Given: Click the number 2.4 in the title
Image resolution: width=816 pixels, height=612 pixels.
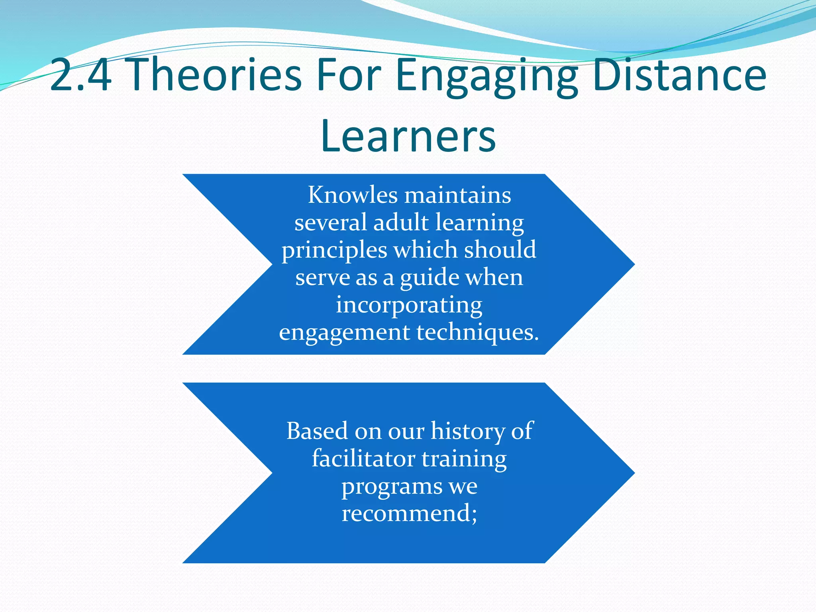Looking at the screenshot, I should (x=81, y=75).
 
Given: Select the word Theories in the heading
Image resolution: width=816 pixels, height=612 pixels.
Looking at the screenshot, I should (x=216, y=75).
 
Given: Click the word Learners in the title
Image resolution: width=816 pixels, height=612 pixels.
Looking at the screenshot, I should (x=408, y=136).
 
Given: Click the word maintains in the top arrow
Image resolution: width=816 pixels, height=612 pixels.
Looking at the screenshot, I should (x=458, y=195).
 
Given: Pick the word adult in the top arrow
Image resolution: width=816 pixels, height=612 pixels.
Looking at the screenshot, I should (x=401, y=222).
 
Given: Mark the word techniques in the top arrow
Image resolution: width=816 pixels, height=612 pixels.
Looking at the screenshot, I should (x=477, y=332).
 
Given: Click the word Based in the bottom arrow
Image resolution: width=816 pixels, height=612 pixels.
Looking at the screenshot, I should (x=317, y=431).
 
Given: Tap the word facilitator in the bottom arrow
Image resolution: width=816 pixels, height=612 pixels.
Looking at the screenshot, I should (x=363, y=458).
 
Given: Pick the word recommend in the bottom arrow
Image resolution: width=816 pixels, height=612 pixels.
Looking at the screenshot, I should (x=406, y=513).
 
